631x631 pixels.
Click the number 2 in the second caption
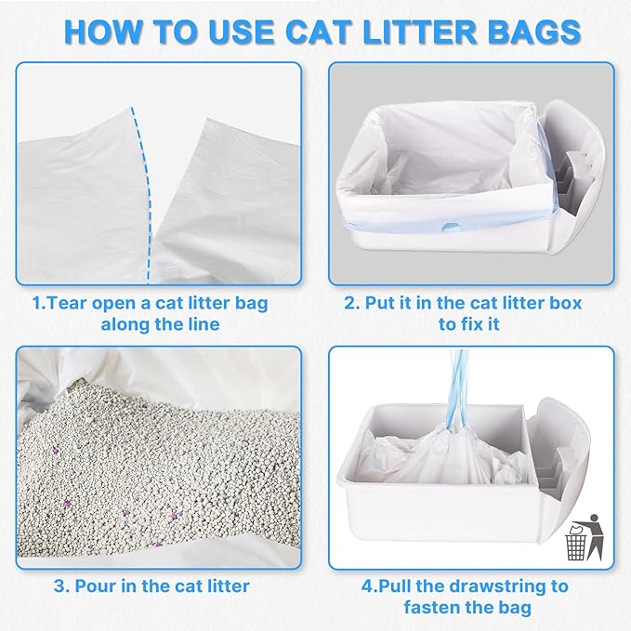348,302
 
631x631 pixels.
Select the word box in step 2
579,302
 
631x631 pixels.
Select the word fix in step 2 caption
475,324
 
